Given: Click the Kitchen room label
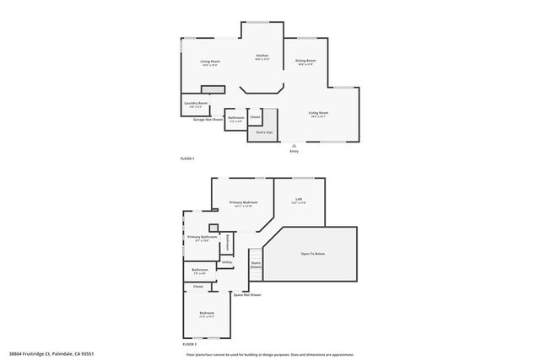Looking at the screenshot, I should tap(262, 56).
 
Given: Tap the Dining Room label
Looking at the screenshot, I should tap(305, 61).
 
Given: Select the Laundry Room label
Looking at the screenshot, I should tap(197, 104).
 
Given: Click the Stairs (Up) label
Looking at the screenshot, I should tap(263, 132).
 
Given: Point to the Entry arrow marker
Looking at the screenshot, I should tap(294, 144).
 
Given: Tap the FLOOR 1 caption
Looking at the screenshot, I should tap(187, 159).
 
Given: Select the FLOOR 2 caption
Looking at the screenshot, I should tap(189, 345).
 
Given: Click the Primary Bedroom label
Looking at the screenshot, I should tap(245, 202).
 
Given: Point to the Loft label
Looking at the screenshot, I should tap(299, 199).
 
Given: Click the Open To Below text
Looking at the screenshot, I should tap(313, 253).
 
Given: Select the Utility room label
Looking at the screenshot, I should tap(227, 263).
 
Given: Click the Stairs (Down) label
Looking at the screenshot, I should tap(255, 265).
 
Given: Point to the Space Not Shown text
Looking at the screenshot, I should tap(247, 294).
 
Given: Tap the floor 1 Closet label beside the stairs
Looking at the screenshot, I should tap(254, 117).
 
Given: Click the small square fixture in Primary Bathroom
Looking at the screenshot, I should tap(214, 226).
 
